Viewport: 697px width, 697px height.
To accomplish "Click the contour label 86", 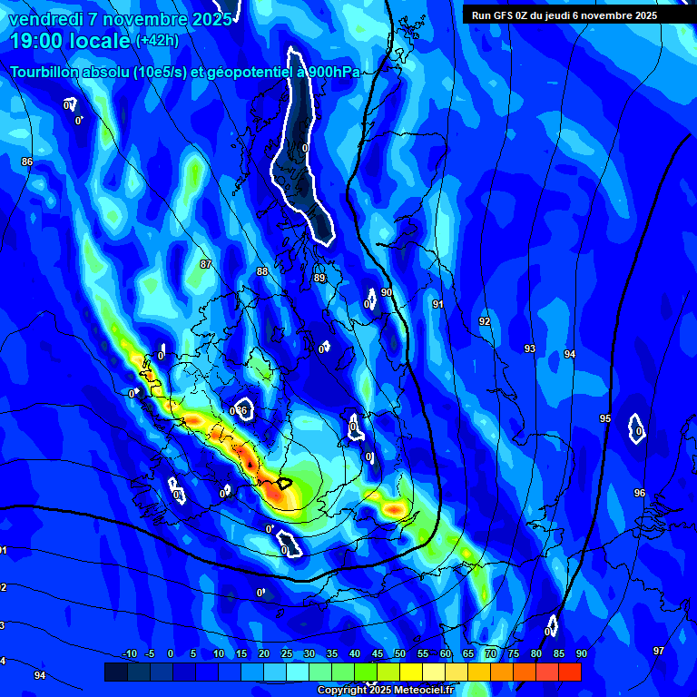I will click(27, 162).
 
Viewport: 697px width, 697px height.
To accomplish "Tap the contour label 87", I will click(206, 264).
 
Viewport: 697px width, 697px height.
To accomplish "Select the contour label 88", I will click(262, 271).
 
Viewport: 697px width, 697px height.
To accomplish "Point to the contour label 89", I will click(319, 279).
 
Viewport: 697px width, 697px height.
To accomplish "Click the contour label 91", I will click(437, 305).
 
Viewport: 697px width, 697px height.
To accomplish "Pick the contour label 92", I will click(485, 322).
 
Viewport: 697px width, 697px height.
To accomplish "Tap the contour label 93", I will click(530, 348).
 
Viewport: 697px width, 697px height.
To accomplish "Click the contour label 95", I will click(605, 418).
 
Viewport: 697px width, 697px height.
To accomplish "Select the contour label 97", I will click(659, 651).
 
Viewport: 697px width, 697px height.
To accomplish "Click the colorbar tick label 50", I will click(399, 654).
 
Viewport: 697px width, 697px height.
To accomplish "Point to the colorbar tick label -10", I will click(129, 654).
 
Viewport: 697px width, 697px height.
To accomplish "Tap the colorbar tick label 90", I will click(581, 654).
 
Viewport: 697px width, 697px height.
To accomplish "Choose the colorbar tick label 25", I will click(286, 654).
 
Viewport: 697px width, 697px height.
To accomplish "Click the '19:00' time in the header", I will click(38, 41).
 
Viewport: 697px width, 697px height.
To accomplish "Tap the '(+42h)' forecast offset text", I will click(157, 41).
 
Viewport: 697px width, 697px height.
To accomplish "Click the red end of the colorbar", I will click(570, 672).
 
